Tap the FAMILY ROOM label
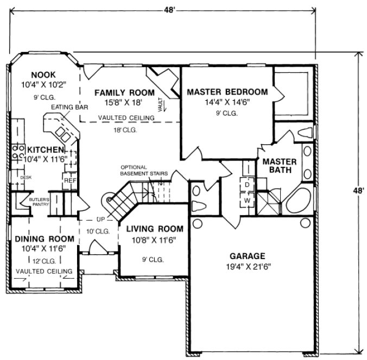coord(125,92)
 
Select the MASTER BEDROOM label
coord(227,92)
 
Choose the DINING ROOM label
coord(36,239)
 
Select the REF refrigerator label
coord(69,180)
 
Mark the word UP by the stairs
coord(101,220)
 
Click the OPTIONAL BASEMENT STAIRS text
coord(144,170)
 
